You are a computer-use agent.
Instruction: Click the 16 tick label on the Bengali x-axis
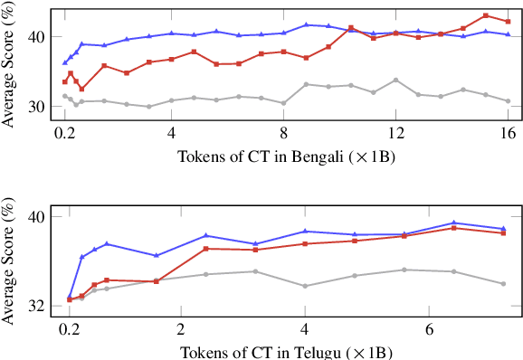pyautogui.click(x=508, y=132)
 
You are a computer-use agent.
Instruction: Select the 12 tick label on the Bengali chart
pyautogui.click(x=395, y=132)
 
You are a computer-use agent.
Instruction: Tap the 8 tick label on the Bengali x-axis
pyautogui.click(x=283, y=132)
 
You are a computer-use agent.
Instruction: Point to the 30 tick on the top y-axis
pyautogui.click(x=39, y=106)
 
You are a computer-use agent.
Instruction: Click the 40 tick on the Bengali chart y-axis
pyautogui.click(x=39, y=36)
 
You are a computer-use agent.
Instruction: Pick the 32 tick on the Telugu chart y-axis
pyautogui.click(x=39, y=306)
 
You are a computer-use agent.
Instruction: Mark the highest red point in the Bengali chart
pyautogui.click(x=486, y=15)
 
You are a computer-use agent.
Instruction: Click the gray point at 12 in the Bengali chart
pyautogui.click(x=395, y=81)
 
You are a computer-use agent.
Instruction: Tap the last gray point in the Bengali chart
pyautogui.click(x=508, y=101)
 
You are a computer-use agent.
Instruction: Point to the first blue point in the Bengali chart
pyautogui.click(x=65, y=62)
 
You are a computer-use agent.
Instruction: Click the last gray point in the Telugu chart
pyautogui.click(x=503, y=283)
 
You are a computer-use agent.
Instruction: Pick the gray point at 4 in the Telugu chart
pyautogui.click(x=305, y=286)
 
